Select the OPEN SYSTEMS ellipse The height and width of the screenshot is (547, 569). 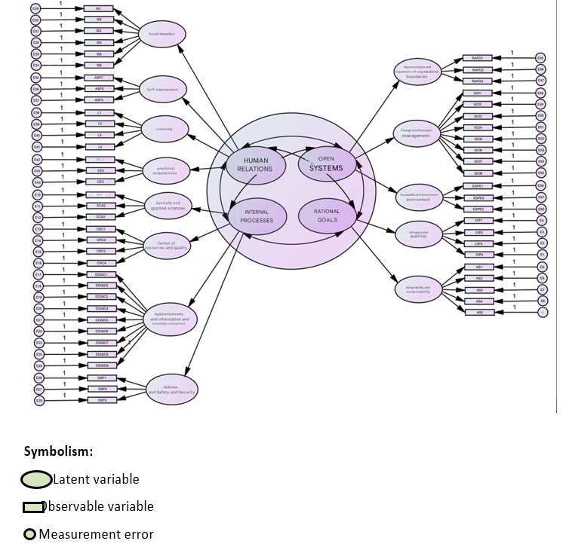pos(325,164)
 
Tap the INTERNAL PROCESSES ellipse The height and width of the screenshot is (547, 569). pos(256,217)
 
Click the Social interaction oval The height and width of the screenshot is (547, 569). pos(162,35)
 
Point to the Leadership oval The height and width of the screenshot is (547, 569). pos(165,130)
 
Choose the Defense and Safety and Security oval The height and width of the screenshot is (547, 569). pos(172,390)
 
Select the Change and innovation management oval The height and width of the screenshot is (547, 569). pos(416,134)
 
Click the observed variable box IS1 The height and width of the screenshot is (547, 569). pos(99,8)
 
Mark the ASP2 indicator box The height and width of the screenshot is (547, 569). pos(99,89)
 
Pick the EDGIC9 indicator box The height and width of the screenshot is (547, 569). pos(102,365)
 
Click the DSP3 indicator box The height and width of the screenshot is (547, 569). pos(102,400)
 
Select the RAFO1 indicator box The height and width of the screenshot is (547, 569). pos(478,58)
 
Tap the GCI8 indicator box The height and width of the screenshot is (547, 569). pos(478,173)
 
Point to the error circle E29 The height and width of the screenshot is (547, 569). pos(35,8)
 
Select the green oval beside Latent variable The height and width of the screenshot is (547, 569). pos(37,479)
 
